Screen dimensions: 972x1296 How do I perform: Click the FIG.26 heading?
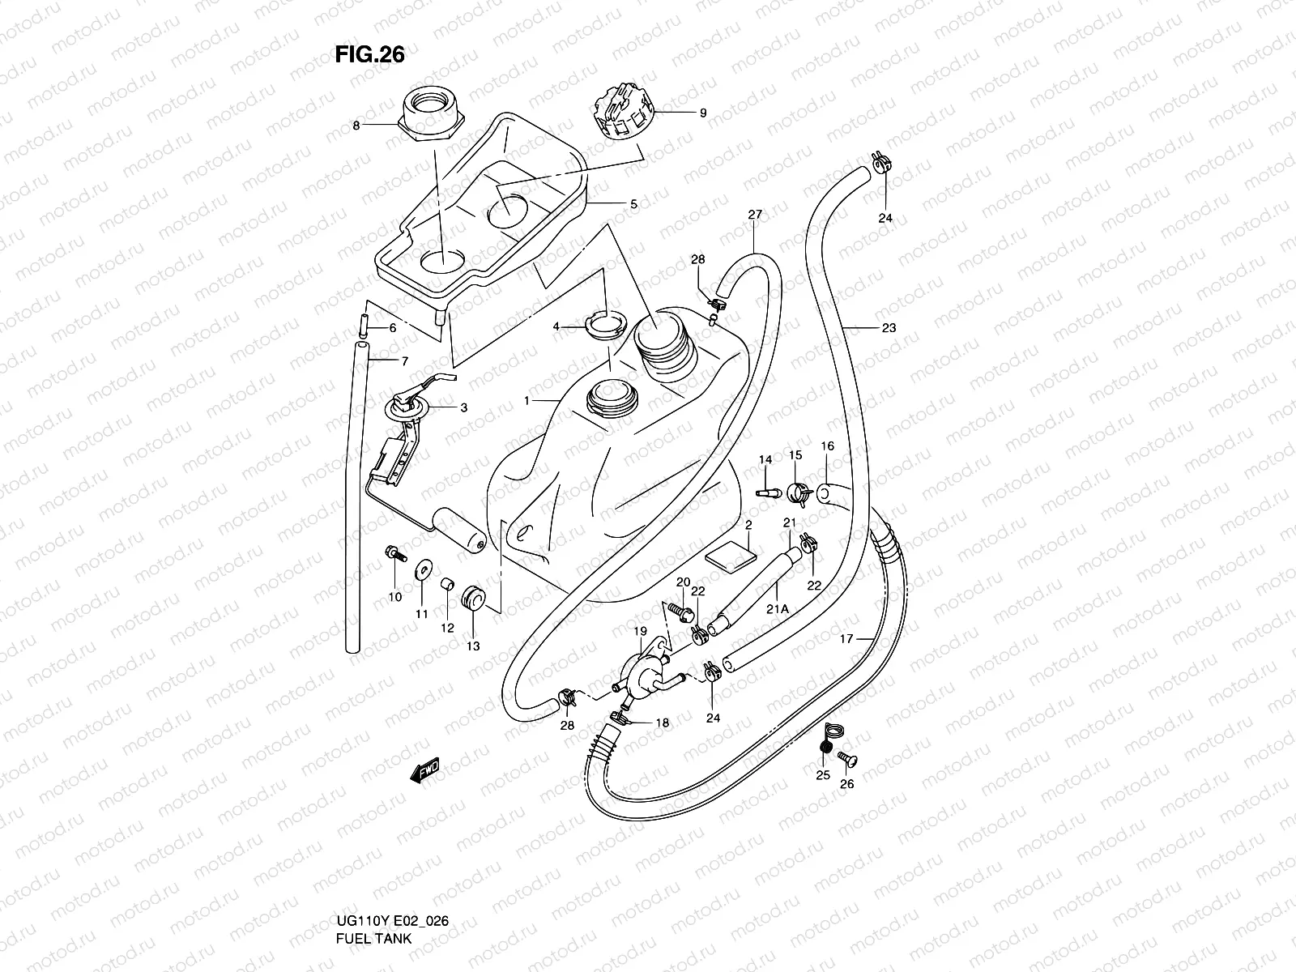coord(369,54)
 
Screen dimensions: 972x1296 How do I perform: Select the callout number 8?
coord(355,126)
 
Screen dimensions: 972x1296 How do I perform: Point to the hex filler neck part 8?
coord(433,117)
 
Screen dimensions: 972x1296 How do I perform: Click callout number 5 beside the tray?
coord(633,205)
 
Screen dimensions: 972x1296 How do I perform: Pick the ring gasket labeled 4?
coord(603,325)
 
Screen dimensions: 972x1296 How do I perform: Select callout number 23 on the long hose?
coord(889,328)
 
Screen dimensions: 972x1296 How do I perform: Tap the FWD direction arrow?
coord(424,770)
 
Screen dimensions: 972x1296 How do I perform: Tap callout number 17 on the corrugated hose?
coord(846,638)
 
